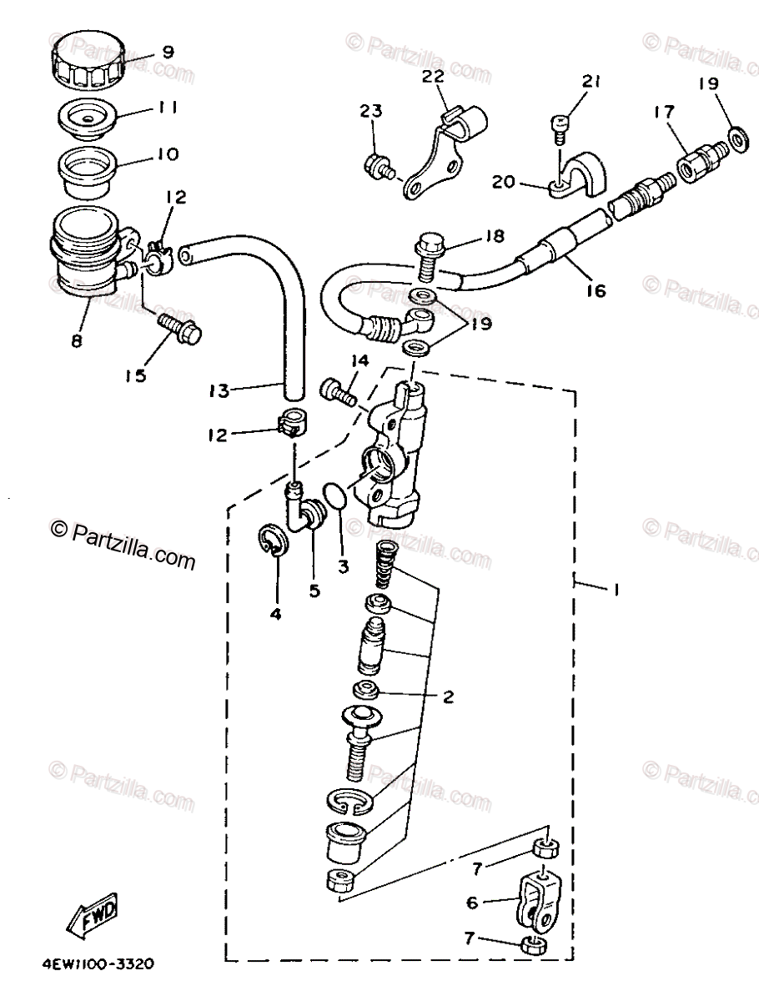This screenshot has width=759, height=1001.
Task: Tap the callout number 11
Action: point(168,108)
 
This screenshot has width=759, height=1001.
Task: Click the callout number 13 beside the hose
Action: point(219,390)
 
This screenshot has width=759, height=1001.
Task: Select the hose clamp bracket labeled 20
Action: point(576,178)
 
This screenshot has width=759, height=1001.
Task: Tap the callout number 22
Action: point(432,77)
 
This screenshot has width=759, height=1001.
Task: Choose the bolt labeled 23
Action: point(379,168)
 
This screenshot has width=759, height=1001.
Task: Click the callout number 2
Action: point(448,697)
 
